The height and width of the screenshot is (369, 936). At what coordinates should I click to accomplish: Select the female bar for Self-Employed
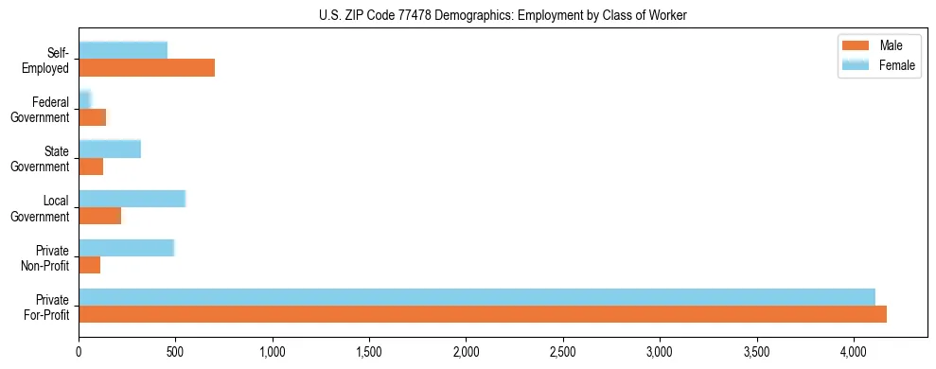123,50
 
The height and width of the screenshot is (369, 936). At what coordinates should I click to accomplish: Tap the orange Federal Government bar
93,117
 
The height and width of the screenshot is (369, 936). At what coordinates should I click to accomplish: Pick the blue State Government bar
110,149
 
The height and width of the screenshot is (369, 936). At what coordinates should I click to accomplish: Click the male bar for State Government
91,167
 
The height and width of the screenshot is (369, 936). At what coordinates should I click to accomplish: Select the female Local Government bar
132,198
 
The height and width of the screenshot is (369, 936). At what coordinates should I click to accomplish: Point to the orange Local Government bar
99,216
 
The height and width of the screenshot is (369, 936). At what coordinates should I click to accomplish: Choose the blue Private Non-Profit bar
126,248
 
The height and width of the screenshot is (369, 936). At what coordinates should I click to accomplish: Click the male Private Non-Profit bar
90,266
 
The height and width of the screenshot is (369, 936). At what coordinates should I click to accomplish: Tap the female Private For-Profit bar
476,297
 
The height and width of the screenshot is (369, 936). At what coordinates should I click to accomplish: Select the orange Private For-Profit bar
482,315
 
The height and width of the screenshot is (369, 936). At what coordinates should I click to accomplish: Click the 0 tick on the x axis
79,352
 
